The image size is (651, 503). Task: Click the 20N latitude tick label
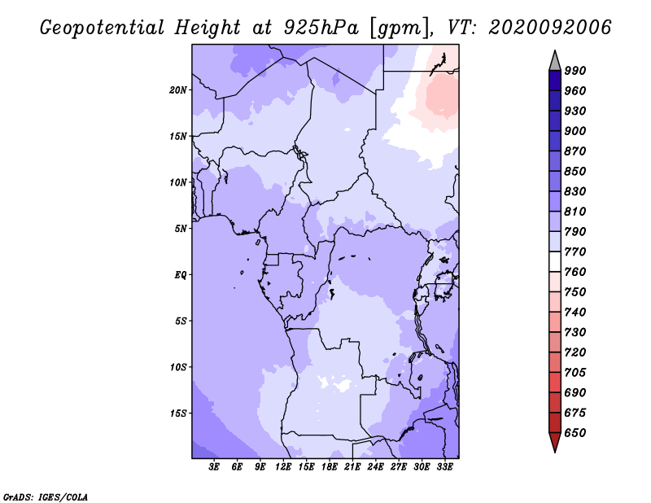(x=178, y=90)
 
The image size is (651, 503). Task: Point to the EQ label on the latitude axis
(x=181, y=275)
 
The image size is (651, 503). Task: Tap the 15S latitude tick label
(x=178, y=413)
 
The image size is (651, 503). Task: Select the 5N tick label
(x=181, y=229)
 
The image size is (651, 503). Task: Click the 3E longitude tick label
(x=214, y=466)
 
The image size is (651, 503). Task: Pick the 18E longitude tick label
(x=330, y=466)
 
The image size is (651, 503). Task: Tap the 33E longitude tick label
(x=444, y=466)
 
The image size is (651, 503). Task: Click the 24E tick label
(x=375, y=466)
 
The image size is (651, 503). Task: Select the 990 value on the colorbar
(x=575, y=71)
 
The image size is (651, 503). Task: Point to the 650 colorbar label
(x=575, y=433)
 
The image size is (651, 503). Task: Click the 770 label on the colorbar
(x=575, y=251)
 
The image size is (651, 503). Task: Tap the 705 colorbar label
(x=575, y=373)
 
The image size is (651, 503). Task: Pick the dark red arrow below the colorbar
(x=555, y=441)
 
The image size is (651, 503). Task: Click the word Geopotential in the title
(x=103, y=28)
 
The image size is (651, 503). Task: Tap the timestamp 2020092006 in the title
(x=550, y=28)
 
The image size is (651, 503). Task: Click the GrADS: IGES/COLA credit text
(x=46, y=497)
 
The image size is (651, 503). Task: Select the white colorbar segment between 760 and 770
(x=555, y=262)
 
